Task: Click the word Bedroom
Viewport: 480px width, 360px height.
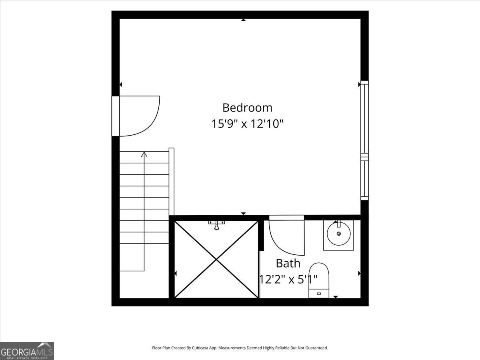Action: tap(247, 108)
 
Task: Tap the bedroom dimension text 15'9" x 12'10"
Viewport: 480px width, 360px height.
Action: tap(247, 124)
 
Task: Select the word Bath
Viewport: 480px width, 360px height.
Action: tap(288, 263)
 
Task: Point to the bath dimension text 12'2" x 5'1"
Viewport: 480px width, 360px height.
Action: tap(288, 279)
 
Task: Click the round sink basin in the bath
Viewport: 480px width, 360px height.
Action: tap(339, 234)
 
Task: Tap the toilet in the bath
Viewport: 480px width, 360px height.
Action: tap(319, 280)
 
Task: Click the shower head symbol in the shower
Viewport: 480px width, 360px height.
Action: tap(216, 225)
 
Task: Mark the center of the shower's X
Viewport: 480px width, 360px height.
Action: tap(216, 260)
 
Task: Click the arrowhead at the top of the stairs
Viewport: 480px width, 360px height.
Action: tap(144, 154)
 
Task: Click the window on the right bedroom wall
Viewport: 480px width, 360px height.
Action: tap(364, 140)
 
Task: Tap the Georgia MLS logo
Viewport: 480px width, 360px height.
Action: tap(27, 351)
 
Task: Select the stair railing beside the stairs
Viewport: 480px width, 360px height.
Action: tap(172, 182)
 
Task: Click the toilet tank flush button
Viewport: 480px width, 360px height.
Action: tap(319, 294)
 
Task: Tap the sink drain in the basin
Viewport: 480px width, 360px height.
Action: tap(339, 234)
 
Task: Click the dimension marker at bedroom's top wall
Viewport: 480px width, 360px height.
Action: tap(243, 20)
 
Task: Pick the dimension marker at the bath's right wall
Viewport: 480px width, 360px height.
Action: tap(359, 273)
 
